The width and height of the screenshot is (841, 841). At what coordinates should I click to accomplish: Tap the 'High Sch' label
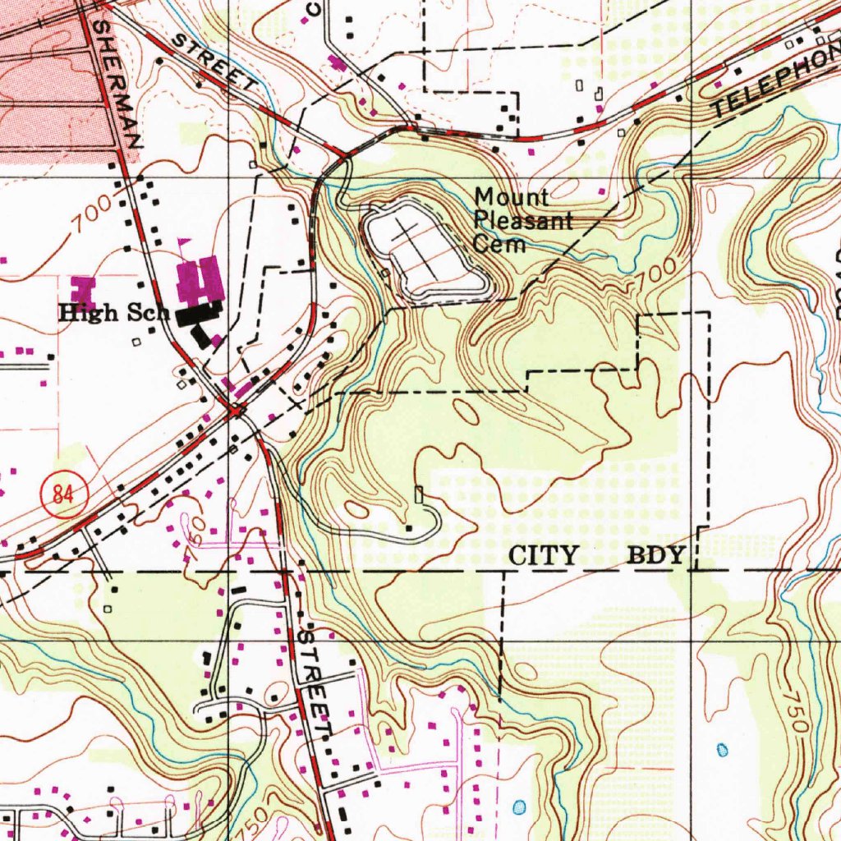[113, 313]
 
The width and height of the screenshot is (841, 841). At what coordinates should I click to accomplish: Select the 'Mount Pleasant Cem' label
[512, 220]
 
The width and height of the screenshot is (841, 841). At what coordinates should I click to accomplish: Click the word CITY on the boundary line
[544, 556]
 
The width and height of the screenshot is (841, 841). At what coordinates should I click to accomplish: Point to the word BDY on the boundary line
[656, 556]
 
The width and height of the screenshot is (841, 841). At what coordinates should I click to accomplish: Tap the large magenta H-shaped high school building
[199, 278]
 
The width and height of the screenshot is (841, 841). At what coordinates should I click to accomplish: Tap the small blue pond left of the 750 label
[723, 749]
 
